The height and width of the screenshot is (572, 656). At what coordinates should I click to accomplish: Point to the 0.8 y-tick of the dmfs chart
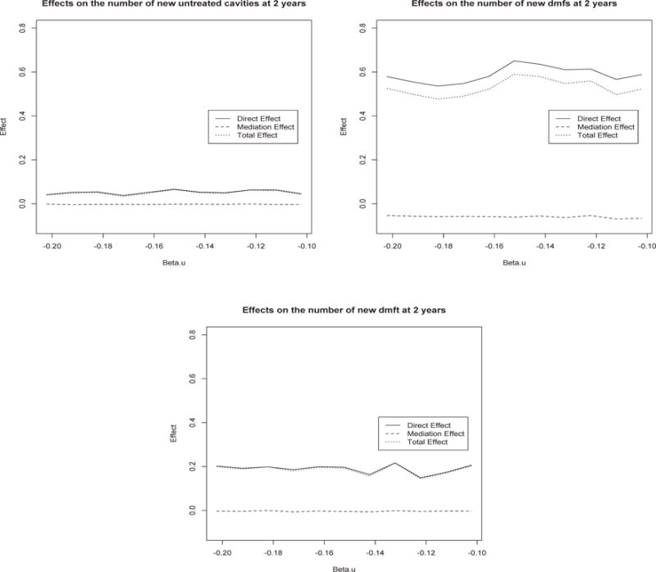(362, 29)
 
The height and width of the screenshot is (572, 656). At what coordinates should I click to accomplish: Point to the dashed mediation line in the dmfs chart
(492, 217)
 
